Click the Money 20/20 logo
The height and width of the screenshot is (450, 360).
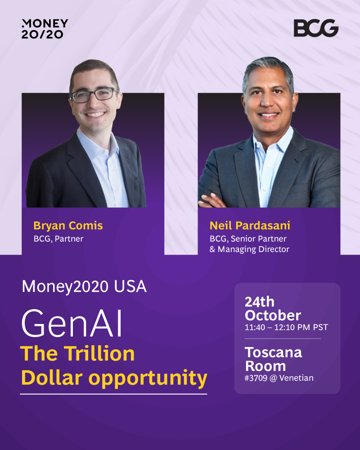45,29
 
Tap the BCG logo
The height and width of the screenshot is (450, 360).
316,28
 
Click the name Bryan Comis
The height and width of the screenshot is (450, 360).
68,226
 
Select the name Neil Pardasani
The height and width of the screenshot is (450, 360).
250,225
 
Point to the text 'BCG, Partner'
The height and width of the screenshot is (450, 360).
58,239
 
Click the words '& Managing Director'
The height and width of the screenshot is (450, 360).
249,249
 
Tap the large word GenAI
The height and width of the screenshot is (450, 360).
72,323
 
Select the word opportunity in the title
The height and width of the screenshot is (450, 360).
148,379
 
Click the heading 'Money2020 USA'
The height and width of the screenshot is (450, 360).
84,286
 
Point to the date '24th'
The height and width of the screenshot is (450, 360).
260,302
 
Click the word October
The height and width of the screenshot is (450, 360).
273,315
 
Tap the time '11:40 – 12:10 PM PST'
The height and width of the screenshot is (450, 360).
286,328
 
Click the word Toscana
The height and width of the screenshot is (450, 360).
273,352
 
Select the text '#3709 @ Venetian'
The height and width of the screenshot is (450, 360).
279,378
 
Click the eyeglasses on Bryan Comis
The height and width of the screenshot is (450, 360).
94,95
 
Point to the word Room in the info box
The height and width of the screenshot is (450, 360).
265,366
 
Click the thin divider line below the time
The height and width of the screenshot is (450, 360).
283,339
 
